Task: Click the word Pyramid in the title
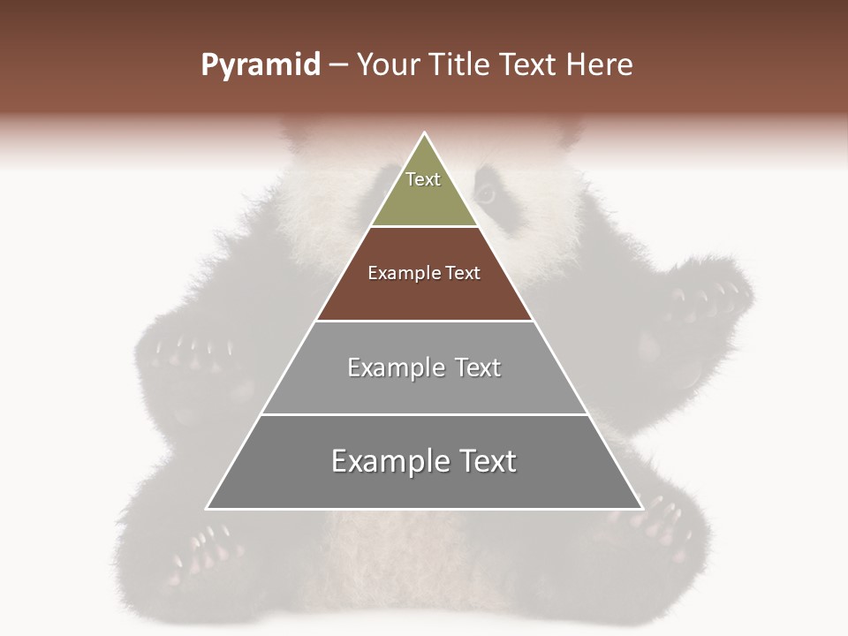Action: tap(261, 65)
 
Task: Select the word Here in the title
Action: tap(600, 65)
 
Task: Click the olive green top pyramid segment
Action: tap(424, 199)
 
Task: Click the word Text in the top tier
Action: tap(423, 180)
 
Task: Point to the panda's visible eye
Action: tap(485, 192)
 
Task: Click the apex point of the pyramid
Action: tap(425, 133)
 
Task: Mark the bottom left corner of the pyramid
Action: tap(207, 509)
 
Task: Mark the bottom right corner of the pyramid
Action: tap(642, 509)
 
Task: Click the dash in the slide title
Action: tap(338, 65)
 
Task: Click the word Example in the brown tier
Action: tap(397, 274)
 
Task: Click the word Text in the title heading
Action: tap(527, 65)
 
